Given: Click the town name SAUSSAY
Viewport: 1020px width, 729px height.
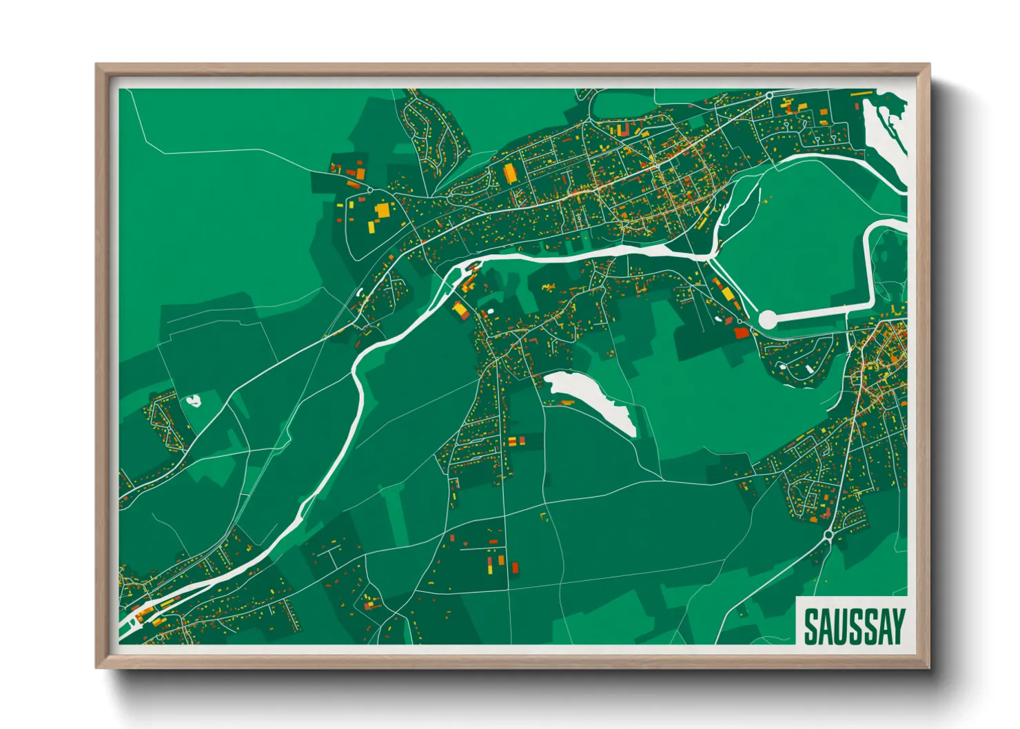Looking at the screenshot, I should (x=853, y=626).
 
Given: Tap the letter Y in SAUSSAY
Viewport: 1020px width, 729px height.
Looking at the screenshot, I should (x=896, y=626).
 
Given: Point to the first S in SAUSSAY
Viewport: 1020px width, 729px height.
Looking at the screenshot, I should (x=811, y=626).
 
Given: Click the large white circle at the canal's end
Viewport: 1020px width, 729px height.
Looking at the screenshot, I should (x=767, y=319).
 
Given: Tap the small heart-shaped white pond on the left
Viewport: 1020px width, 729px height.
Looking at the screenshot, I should (x=193, y=400).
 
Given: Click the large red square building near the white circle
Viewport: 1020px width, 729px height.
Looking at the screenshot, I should (x=742, y=333).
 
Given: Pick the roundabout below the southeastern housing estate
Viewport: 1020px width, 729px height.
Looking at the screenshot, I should (x=828, y=533).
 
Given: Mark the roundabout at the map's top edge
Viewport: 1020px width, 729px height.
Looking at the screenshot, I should (x=769, y=95).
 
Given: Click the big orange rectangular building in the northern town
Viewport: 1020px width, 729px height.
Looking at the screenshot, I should (x=509, y=173).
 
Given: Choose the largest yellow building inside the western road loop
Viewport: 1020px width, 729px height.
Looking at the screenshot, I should (x=382, y=210).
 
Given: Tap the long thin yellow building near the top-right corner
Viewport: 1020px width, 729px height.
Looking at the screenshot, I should (x=861, y=93).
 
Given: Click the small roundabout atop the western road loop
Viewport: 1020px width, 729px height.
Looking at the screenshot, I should (x=369, y=190).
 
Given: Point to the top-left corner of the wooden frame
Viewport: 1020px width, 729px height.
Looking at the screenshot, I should (x=97, y=65).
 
